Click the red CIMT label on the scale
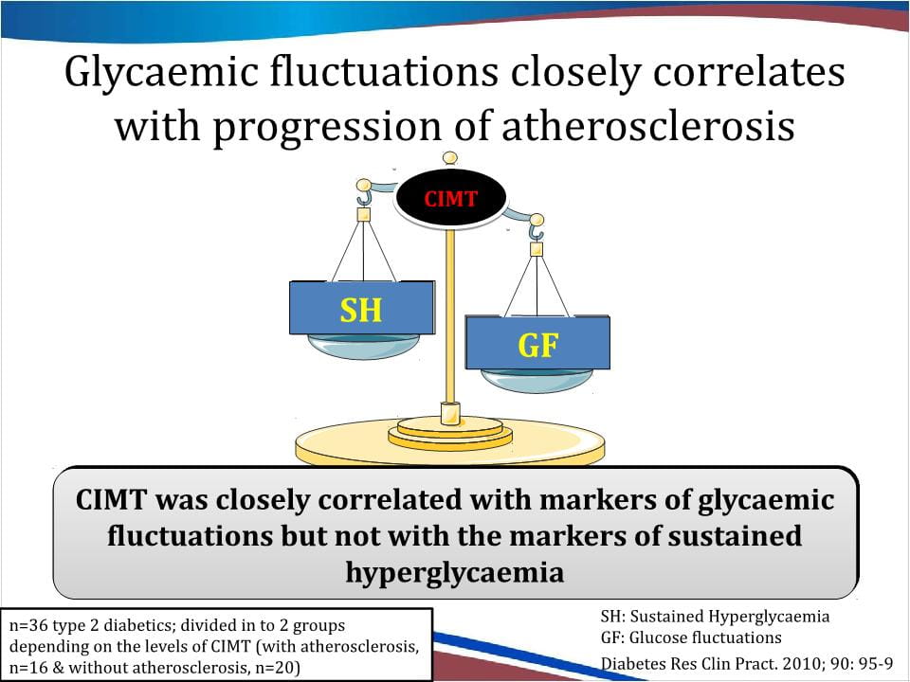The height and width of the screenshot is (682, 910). coord(450,199)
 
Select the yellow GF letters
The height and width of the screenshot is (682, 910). coord(538,345)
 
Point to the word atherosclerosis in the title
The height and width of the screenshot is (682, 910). coord(647,126)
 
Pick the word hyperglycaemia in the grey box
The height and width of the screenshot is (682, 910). coord(455,573)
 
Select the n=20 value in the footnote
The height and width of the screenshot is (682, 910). coord(276,668)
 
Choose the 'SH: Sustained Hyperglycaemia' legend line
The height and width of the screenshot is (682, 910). coord(715,616)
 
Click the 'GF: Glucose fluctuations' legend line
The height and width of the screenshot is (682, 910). coord(691,637)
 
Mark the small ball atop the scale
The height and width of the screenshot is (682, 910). coord(449,158)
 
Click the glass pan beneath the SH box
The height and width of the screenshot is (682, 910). coord(363,346)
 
